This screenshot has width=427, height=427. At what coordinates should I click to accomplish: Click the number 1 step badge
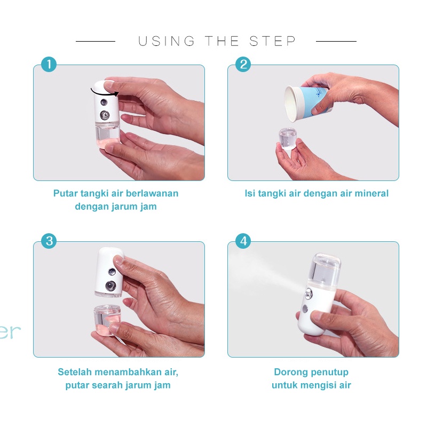click(49, 65)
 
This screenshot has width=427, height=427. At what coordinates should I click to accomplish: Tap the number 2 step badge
click(243, 65)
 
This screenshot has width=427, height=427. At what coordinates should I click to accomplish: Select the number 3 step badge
click(49, 241)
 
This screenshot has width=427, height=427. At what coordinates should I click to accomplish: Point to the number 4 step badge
click(243, 241)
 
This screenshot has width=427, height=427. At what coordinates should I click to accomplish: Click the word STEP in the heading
click(273, 41)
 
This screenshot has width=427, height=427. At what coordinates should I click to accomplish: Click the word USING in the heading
click(167, 41)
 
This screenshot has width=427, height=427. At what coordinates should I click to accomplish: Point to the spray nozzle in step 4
click(309, 294)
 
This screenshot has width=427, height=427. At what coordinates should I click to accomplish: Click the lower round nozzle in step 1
click(105, 115)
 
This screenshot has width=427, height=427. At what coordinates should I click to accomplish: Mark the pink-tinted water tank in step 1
click(108, 135)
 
